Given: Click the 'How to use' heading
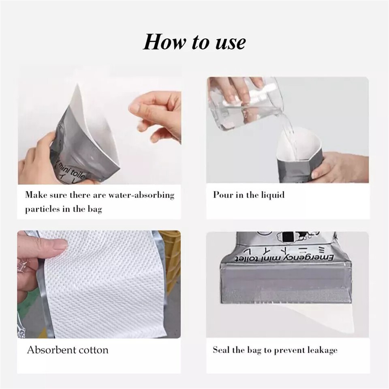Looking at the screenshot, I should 194,42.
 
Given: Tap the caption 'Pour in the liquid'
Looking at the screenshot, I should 249,195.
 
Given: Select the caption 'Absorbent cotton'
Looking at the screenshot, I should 68,350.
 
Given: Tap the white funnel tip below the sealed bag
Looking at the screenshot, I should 320,316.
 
